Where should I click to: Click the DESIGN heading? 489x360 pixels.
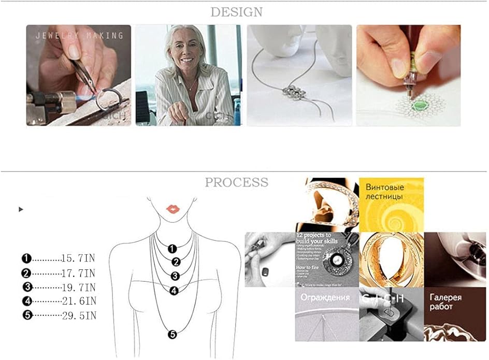(x=236, y=12)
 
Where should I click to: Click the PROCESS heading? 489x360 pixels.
(x=236, y=182)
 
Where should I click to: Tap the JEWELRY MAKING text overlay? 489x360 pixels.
(x=79, y=36)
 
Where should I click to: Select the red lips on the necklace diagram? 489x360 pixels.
(x=172, y=209)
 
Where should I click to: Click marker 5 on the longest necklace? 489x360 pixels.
(x=173, y=334)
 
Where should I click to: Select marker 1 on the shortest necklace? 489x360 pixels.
(x=172, y=249)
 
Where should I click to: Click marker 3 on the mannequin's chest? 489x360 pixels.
(x=175, y=276)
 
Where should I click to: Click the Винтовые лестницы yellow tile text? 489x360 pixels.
(x=384, y=192)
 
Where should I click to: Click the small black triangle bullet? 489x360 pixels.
(x=21, y=209)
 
